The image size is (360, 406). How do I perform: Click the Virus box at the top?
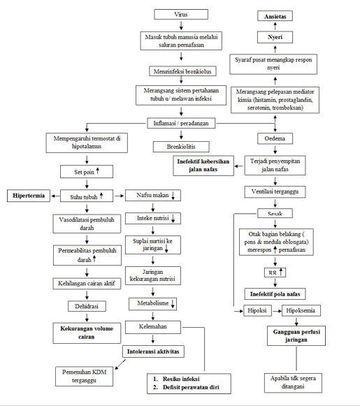[181, 14]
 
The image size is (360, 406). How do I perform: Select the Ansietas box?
[275, 15]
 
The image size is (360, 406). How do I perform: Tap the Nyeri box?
[275, 36]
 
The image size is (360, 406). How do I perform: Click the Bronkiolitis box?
[181, 147]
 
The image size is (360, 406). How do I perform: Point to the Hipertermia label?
[29, 196]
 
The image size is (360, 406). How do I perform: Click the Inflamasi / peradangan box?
[181, 124]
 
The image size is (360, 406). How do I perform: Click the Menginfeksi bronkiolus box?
[181, 71]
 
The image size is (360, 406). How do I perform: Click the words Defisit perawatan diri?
[187, 386]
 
